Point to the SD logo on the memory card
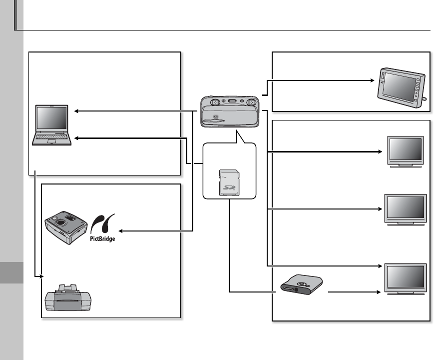(x=229, y=187)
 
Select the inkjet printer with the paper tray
(x=68, y=298)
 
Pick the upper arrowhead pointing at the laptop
(x=76, y=111)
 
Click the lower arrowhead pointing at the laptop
(x=76, y=138)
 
